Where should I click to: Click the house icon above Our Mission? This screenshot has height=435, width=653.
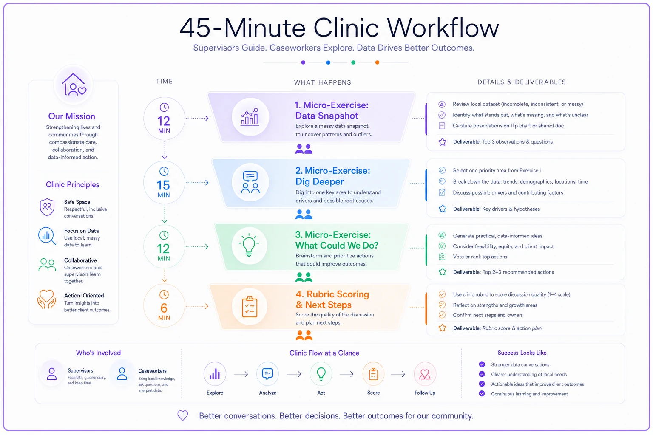pyautogui.click(x=74, y=85)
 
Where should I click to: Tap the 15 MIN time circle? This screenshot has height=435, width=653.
pyautogui.click(x=164, y=183)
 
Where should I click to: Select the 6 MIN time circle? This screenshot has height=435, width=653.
pyautogui.click(x=164, y=305)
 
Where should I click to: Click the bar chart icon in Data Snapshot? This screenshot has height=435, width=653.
pyautogui.click(x=250, y=117)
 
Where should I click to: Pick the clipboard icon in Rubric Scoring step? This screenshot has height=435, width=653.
pyautogui.click(x=250, y=306)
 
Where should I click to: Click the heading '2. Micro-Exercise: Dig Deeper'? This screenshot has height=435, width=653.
pyautogui.click(x=332, y=176)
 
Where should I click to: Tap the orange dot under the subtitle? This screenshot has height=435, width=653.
pyautogui.click(x=377, y=62)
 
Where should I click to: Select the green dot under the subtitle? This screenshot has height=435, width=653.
pyautogui.click(x=353, y=62)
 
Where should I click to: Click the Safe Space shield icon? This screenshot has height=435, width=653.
pyautogui.click(x=47, y=207)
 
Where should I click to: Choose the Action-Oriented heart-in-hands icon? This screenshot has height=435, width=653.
pyautogui.click(x=47, y=299)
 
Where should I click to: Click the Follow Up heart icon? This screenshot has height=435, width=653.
pyautogui.click(x=425, y=374)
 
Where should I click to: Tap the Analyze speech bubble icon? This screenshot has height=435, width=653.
pyautogui.click(x=267, y=374)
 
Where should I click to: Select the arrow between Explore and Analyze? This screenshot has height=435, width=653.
pyautogui.click(x=241, y=374)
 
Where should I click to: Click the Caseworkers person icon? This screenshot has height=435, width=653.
pyautogui.click(x=122, y=373)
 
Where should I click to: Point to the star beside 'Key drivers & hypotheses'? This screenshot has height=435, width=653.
pyautogui.click(x=443, y=209)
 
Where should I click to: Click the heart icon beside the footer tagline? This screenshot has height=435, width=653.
pyautogui.click(x=183, y=415)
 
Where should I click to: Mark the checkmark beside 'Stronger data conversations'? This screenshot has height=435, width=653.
pyautogui.click(x=482, y=364)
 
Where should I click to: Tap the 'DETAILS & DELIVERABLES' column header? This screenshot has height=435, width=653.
pyautogui.click(x=522, y=82)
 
